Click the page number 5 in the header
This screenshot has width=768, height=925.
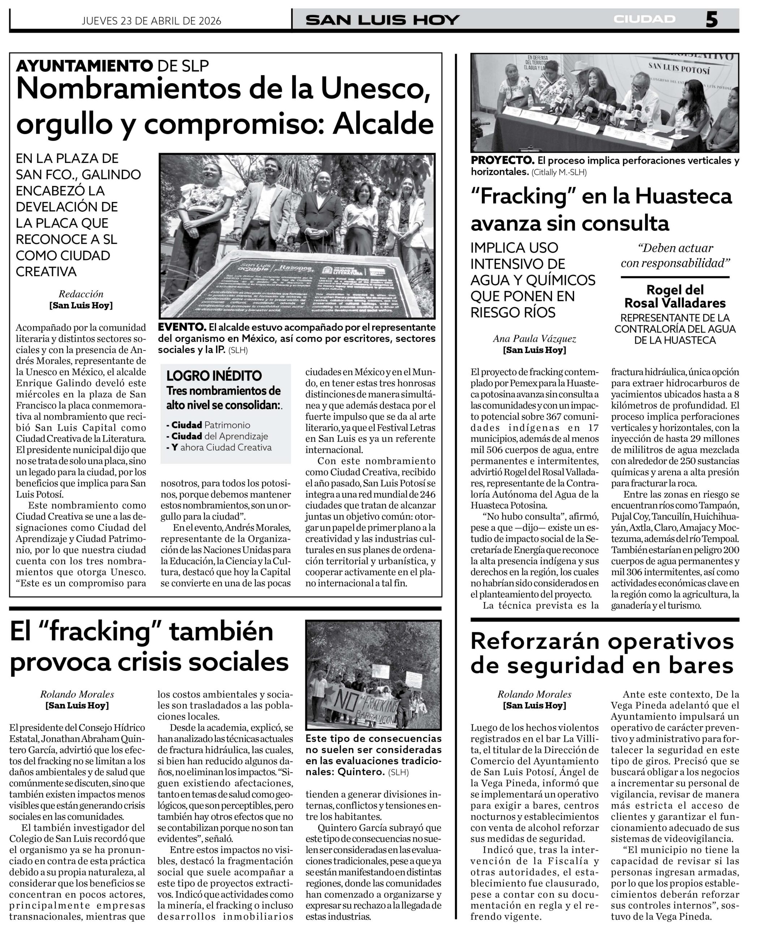[x=712, y=20]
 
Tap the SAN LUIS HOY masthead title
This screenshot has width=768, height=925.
[x=382, y=20]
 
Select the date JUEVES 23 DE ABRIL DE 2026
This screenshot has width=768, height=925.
[x=151, y=21]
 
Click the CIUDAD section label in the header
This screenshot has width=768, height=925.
[x=644, y=20]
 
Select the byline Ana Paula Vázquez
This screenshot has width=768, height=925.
[x=534, y=338]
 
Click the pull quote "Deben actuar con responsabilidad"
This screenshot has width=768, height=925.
[x=675, y=255]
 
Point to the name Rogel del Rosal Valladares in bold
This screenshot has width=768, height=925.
[x=675, y=296]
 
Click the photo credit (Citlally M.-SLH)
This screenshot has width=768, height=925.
[x=559, y=172]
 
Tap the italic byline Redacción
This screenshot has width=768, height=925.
[x=81, y=294]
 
